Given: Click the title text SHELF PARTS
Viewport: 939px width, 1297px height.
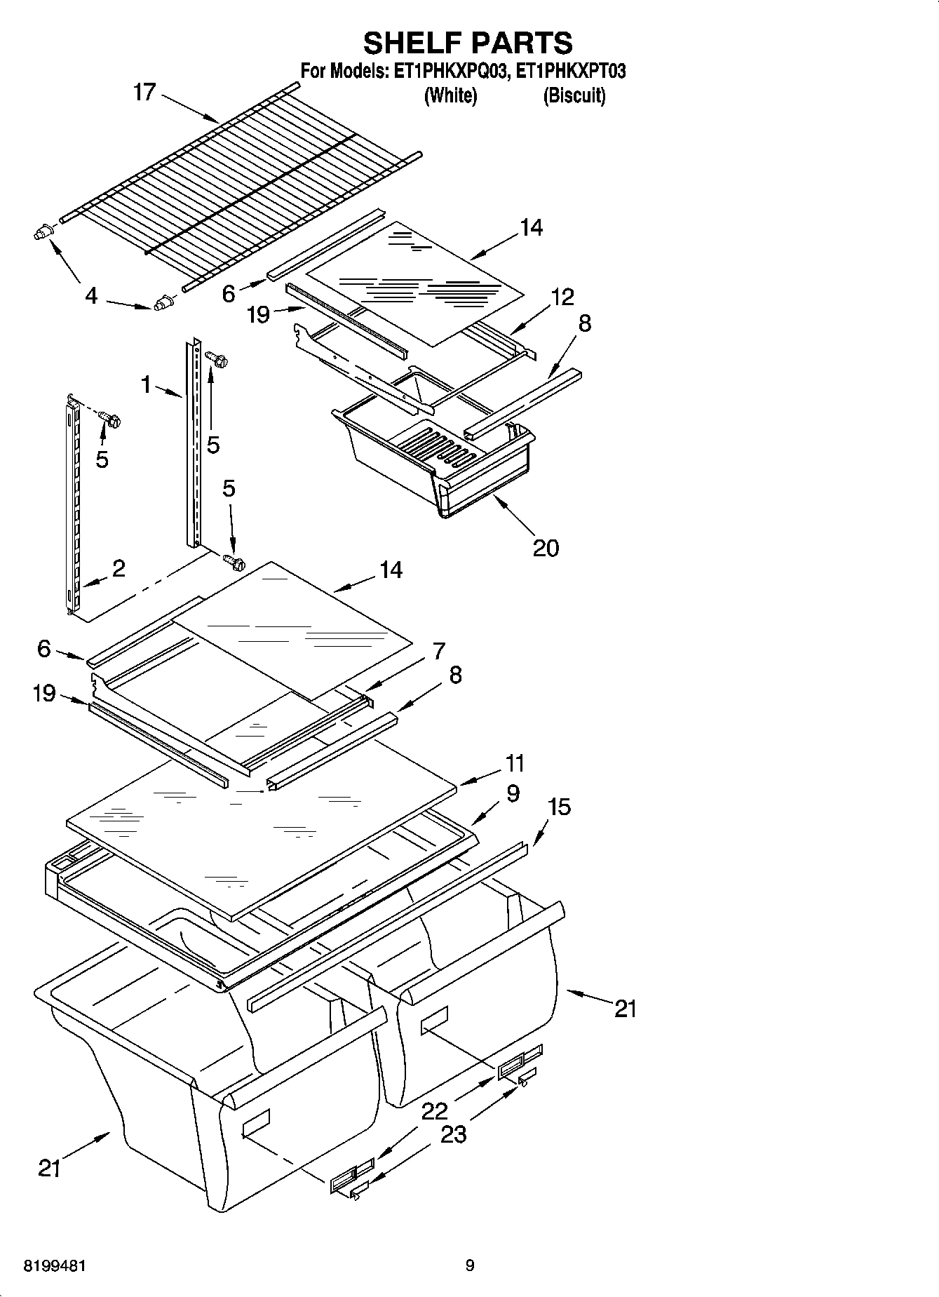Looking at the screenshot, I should pos(468,43).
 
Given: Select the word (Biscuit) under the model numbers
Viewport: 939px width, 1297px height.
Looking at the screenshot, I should pos(574,96).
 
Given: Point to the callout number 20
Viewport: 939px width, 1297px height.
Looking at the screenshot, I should pos(546,547).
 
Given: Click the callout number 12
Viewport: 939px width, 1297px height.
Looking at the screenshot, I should pos(562,297).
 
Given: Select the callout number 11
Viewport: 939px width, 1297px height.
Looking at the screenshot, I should pos(515,762).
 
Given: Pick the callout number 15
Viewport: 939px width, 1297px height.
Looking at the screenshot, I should pos(559,807).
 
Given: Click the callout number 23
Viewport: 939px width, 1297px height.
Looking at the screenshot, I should pos(453,1134).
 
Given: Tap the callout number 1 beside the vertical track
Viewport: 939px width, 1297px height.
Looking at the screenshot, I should pos(146,384).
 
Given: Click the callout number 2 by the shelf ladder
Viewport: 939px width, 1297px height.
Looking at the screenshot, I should pos(119,568).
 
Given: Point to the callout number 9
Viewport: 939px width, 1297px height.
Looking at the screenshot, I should pos(513,793).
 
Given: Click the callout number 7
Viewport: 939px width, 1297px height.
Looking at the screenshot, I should pos(439,651).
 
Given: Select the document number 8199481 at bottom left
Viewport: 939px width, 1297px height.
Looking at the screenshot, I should pos(55,1266).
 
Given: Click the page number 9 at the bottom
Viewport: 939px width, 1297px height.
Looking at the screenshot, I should pos(469,1265).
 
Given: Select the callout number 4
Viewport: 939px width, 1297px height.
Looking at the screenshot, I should pos(91,296).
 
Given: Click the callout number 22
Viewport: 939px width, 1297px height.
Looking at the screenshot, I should pos(435,1110).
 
